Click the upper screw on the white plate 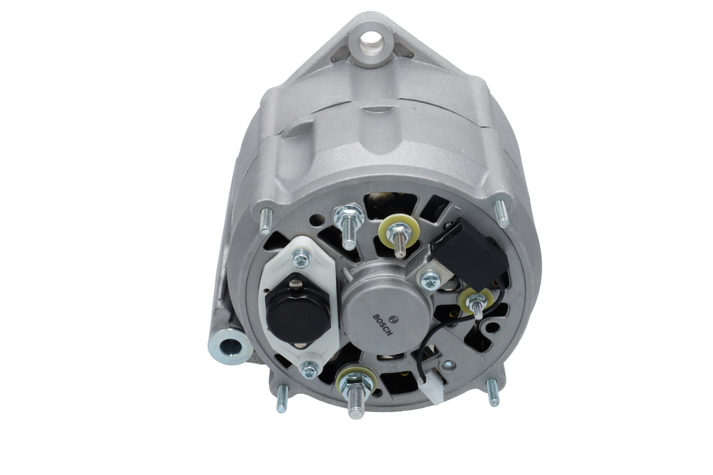301,258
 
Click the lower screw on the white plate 310,369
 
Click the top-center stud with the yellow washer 399,234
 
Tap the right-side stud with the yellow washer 476,302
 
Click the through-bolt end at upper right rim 502,213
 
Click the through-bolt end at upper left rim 266,221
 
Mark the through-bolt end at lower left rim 282,399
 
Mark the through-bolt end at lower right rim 492,392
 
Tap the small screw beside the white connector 448,365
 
